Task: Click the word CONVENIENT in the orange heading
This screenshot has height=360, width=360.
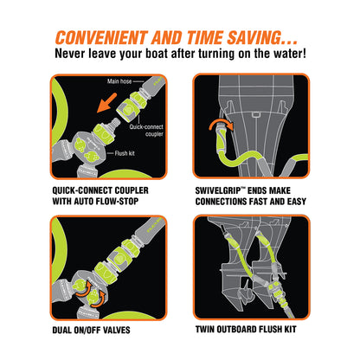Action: [101, 37]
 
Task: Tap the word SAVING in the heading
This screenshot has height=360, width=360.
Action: [254, 37]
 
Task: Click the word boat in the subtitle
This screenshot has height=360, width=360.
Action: [157, 54]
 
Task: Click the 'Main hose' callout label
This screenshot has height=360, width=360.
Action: [119, 81]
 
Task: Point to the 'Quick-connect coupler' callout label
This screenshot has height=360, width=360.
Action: [146, 131]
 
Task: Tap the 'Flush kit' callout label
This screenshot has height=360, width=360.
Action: [125, 153]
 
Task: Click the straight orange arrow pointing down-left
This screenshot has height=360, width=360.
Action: [106, 103]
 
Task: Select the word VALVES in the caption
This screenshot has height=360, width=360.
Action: [117, 330]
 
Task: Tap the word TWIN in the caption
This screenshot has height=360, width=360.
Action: [204, 329]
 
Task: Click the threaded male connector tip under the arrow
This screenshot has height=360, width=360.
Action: [115, 122]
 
